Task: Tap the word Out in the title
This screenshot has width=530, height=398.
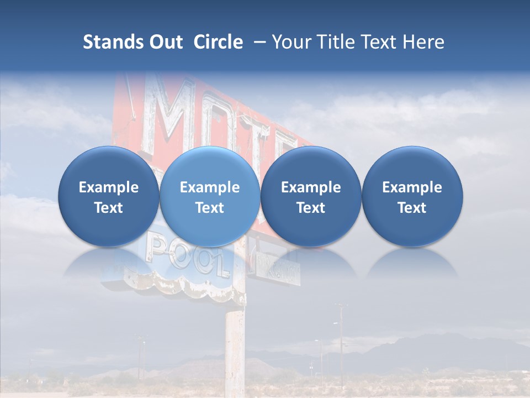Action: tap(163, 42)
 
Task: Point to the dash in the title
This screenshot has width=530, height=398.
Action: tap(257, 43)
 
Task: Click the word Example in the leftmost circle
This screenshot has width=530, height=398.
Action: tap(109, 187)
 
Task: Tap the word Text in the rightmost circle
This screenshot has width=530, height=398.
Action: tap(412, 208)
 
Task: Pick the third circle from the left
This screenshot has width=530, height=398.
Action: tap(311, 196)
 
